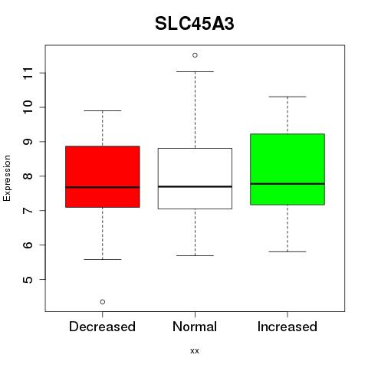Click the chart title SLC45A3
click(195, 24)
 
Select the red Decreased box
click(103, 176)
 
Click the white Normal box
click(195, 179)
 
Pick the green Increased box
click(287, 169)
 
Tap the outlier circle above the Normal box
click(195, 55)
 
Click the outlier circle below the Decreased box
click(103, 302)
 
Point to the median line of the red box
click(103, 187)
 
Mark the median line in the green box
click(287, 184)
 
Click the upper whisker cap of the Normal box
click(195, 71)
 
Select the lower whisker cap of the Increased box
click(287, 251)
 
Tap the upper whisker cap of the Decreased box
click(103, 110)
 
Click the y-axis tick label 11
click(28, 73)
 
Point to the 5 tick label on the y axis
click(28, 279)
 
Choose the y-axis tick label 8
click(28, 176)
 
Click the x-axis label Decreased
click(102, 327)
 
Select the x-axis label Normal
click(195, 327)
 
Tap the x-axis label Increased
click(287, 327)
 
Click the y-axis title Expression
click(7, 178)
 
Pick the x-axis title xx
click(195, 350)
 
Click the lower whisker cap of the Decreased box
click(103, 259)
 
